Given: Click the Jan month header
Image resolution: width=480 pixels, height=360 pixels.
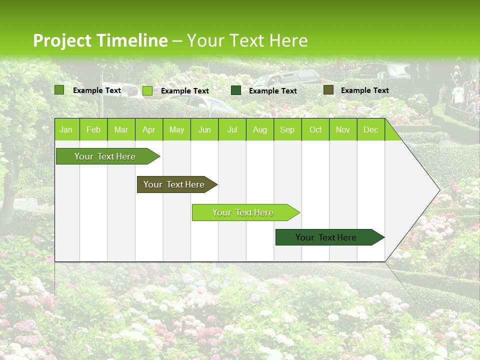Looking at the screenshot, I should pyautogui.click(x=66, y=130).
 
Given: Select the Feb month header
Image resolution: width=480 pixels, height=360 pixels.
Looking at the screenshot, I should pyautogui.click(x=93, y=130).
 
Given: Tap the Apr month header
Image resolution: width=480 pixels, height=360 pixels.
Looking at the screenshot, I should pyautogui.click(x=148, y=130).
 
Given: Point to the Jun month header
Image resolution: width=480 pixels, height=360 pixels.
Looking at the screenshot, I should pyautogui.click(x=204, y=130).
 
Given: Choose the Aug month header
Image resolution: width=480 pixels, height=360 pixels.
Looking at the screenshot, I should pyautogui.click(x=259, y=130).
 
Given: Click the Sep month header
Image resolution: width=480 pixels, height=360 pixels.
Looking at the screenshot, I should pyautogui.click(x=287, y=130).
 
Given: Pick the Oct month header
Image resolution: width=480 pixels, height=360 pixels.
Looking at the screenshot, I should pyautogui.click(x=315, y=130).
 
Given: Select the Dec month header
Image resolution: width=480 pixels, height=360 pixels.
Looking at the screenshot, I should pyautogui.click(x=370, y=130).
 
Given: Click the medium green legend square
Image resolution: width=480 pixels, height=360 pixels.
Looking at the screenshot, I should pyautogui.click(x=59, y=90).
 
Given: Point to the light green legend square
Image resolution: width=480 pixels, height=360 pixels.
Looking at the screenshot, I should pyautogui.click(x=147, y=90).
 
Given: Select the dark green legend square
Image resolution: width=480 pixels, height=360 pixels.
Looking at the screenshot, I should pyautogui.click(x=236, y=90).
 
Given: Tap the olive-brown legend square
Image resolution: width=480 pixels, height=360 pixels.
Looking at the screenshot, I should pyautogui.click(x=328, y=90).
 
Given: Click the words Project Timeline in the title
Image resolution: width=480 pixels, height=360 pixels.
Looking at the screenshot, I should pyautogui.click(x=100, y=40).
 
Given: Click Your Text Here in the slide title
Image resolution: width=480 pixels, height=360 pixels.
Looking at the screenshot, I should pyautogui.click(x=247, y=40).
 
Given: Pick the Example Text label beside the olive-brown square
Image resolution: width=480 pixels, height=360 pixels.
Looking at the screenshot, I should pyautogui.click(x=364, y=90).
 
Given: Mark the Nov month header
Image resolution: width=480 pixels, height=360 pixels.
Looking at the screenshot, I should pyautogui.click(x=343, y=130).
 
